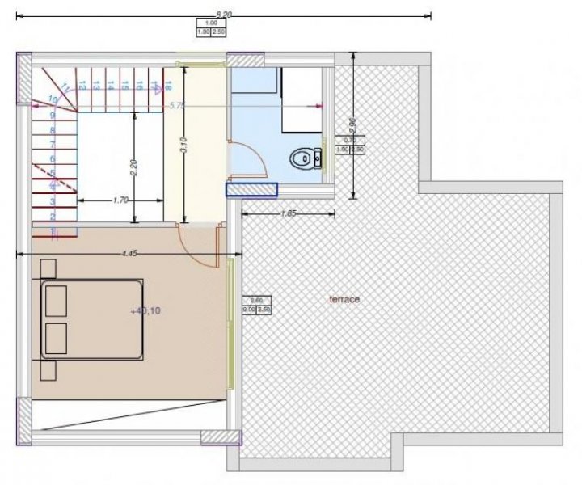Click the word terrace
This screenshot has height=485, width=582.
[344, 299]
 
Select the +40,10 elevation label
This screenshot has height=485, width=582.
[145, 310]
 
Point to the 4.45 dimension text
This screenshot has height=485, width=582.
[129, 254]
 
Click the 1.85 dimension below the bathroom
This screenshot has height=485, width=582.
[288, 213]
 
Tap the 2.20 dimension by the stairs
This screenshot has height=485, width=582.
[134, 167]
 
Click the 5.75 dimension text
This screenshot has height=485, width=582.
[175, 105]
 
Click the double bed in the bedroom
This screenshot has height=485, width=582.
[92, 319]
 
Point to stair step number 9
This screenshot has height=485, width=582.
[53, 115]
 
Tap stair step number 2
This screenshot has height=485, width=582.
[53, 217]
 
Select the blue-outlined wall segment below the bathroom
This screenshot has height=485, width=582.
[251, 189]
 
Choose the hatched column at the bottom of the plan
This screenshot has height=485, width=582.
[221, 437]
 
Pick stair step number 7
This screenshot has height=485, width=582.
[53, 144]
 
